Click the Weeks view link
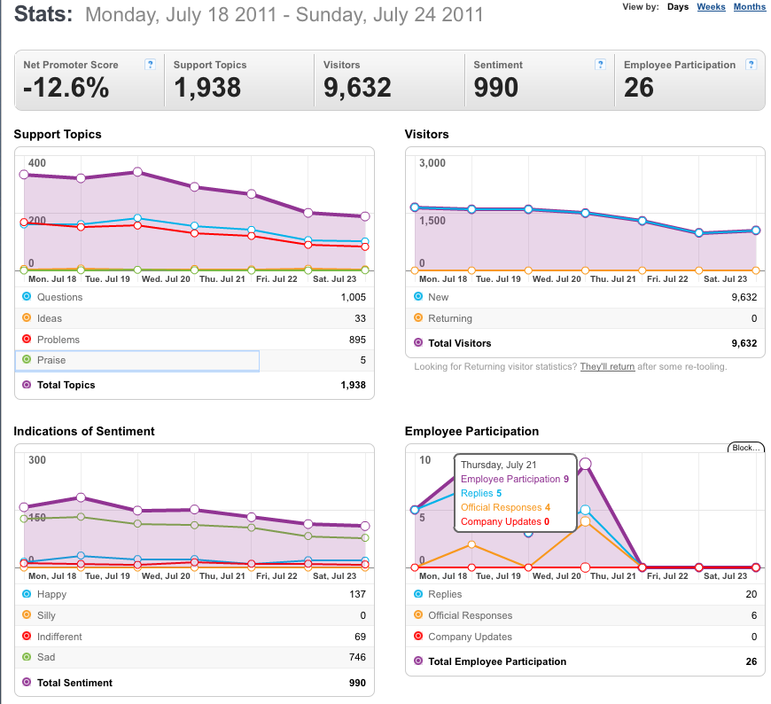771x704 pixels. pos(711,7)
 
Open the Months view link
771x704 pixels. pos(750,7)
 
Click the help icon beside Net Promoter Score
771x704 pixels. pos(151,65)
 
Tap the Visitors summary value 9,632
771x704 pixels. pos(357,88)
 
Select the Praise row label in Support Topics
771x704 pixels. pos(51,360)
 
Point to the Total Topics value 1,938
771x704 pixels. pos(353,385)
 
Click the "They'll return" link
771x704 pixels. pos(607,366)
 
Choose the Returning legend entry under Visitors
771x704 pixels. pos(450,318)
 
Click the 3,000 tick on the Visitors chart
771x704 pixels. pos(432,163)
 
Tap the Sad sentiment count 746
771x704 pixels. pos(357,657)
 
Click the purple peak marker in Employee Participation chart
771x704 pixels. pos(585,464)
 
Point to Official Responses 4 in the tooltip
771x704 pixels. pos(505,507)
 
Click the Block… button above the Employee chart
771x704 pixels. pos(746,447)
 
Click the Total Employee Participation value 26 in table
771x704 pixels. pos(752,661)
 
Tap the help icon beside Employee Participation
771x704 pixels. pos(751,65)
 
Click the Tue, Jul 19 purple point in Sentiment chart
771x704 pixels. pos(82,497)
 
